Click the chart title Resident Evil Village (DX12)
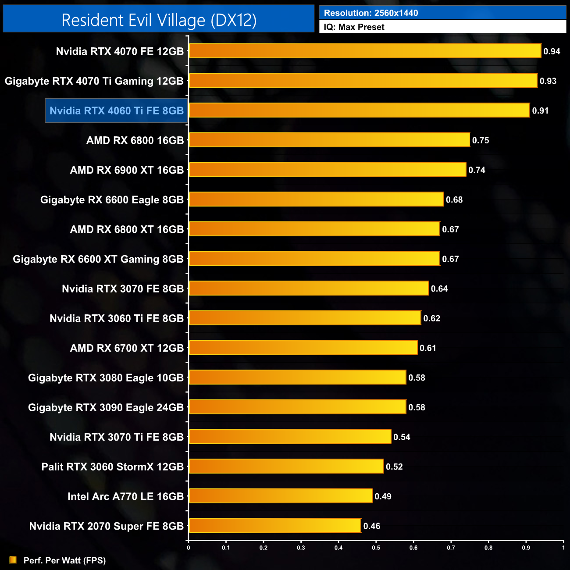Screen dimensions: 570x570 coord(159,20)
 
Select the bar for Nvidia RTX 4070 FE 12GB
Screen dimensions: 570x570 coord(365,51)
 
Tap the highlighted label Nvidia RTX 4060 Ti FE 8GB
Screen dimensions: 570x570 coord(117,110)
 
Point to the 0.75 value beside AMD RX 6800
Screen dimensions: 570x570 coord(481,140)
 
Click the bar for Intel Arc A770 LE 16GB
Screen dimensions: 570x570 coord(281,496)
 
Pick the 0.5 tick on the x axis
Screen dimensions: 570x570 coord(376,547)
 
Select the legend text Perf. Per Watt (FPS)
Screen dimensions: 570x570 coord(64,560)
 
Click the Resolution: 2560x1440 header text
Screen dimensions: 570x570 coord(371,13)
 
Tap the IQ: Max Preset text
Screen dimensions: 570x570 coord(354,27)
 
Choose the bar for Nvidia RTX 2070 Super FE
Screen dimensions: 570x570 coord(275,525)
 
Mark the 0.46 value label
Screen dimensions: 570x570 coord(372,526)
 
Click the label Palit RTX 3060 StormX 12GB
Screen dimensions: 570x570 coord(113,467)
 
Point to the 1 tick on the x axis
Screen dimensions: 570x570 coord(563,547)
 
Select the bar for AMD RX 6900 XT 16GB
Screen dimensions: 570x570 coord(327,170)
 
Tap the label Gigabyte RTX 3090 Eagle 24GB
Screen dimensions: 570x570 coord(106,407)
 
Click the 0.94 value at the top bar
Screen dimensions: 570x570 coord(552,51)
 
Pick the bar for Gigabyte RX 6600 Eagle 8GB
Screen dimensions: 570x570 coord(316,199)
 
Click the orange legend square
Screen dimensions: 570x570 coord(13,560)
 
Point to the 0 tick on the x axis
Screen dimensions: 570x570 coord(189,547)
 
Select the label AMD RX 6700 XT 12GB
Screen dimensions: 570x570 coord(127,348)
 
